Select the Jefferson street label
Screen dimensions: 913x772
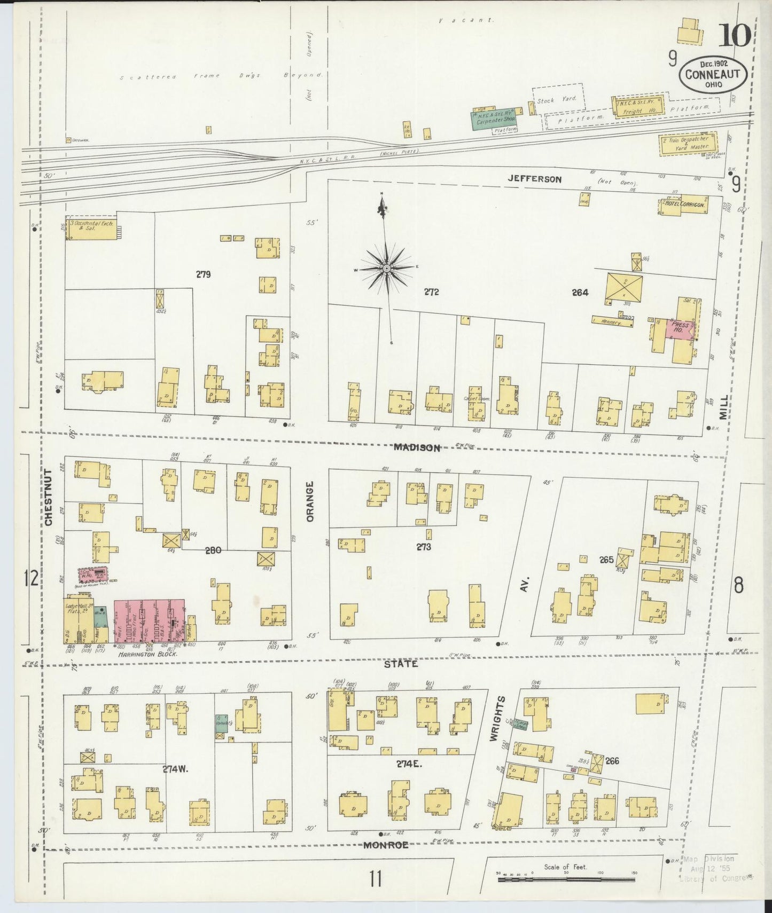(535, 179)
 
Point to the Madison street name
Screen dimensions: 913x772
(417, 447)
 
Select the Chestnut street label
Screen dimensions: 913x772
(49, 498)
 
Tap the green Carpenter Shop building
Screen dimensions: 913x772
(493, 120)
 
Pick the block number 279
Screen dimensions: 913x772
(203, 274)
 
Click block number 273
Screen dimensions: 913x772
(424, 547)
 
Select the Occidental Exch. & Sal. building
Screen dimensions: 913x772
(91, 228)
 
